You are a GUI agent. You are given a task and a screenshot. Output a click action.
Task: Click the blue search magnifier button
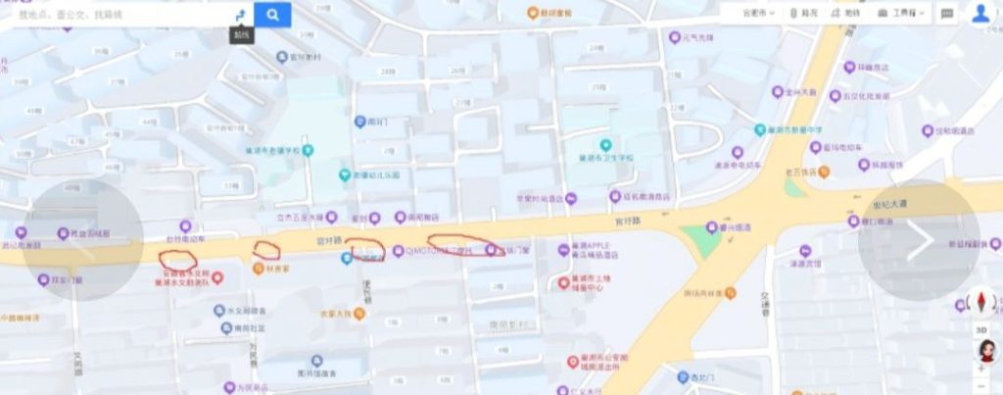[x=272, y=14]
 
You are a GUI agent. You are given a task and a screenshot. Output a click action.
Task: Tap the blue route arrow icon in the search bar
[x=241, y=15]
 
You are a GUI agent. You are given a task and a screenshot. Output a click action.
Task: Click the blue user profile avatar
[x=980, y=13]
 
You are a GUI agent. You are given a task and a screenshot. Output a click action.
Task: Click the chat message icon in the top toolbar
[x=947, y=14]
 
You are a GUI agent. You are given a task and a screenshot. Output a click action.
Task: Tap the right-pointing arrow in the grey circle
[x=919, y=241]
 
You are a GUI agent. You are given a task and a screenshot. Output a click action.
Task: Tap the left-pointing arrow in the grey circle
[x=82, y=241]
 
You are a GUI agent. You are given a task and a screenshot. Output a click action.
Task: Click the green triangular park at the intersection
[x=697, y=238]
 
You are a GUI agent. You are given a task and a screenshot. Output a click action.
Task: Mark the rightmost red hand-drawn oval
[x=462, y=242]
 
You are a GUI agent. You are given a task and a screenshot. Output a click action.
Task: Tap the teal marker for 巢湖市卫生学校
[x=606, y=145]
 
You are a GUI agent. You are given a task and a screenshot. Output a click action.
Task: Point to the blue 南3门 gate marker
[x=360, y=122]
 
